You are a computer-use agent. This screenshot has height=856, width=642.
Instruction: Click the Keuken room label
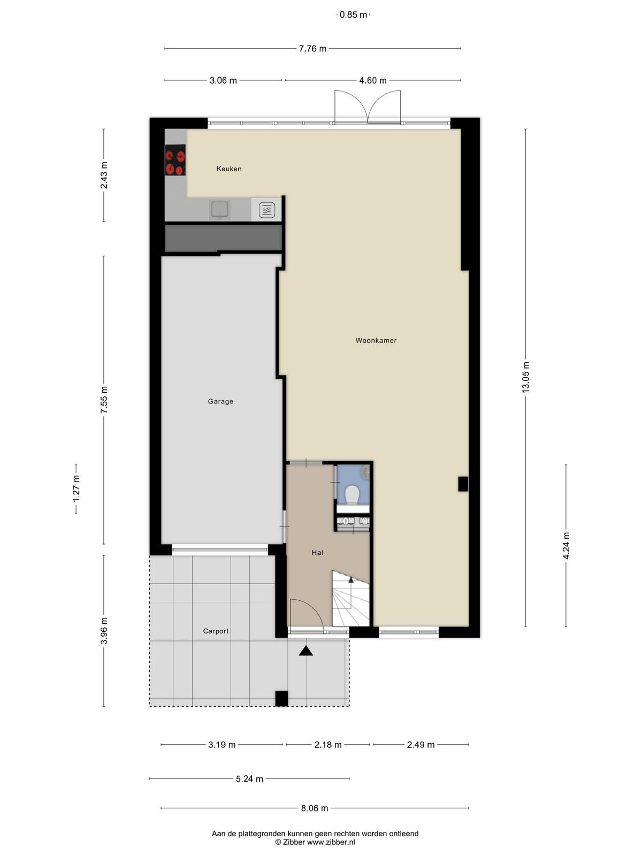(x=229, y=169)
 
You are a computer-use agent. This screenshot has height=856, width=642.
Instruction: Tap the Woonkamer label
(x=376, y=340)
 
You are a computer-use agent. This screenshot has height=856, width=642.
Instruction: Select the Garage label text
(x=220, y=401)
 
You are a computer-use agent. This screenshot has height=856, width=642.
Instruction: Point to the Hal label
(x=317, y=552)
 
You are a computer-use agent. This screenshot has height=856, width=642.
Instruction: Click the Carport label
(x=216, y=631)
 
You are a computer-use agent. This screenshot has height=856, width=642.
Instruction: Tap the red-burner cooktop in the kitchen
(x=175, y=160)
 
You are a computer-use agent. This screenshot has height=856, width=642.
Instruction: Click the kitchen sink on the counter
(x=220, y=210)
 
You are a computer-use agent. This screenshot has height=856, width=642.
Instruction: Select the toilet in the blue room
(x=353, y=495)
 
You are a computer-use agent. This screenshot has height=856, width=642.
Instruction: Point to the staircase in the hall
(x=350, y=599)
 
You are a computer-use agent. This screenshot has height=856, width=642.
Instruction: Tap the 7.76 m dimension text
(x=312, y=49)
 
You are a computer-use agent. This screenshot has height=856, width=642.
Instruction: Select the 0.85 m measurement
(x=353, y=15)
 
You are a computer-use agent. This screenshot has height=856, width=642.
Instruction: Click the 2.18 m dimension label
(x=328, y=745)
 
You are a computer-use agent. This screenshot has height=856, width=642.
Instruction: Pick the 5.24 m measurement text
(x=249, y=779)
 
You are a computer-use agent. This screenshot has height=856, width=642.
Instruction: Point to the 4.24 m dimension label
(x=566, y=546)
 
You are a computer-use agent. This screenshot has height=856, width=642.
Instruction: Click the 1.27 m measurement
(x=76, y=489)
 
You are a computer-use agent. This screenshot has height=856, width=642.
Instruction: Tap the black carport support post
(x=281, y=699)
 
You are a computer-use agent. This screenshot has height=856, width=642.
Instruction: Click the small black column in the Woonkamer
(x=463, y=484)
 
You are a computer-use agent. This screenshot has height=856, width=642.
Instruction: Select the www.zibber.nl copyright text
(x=315, y=842)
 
